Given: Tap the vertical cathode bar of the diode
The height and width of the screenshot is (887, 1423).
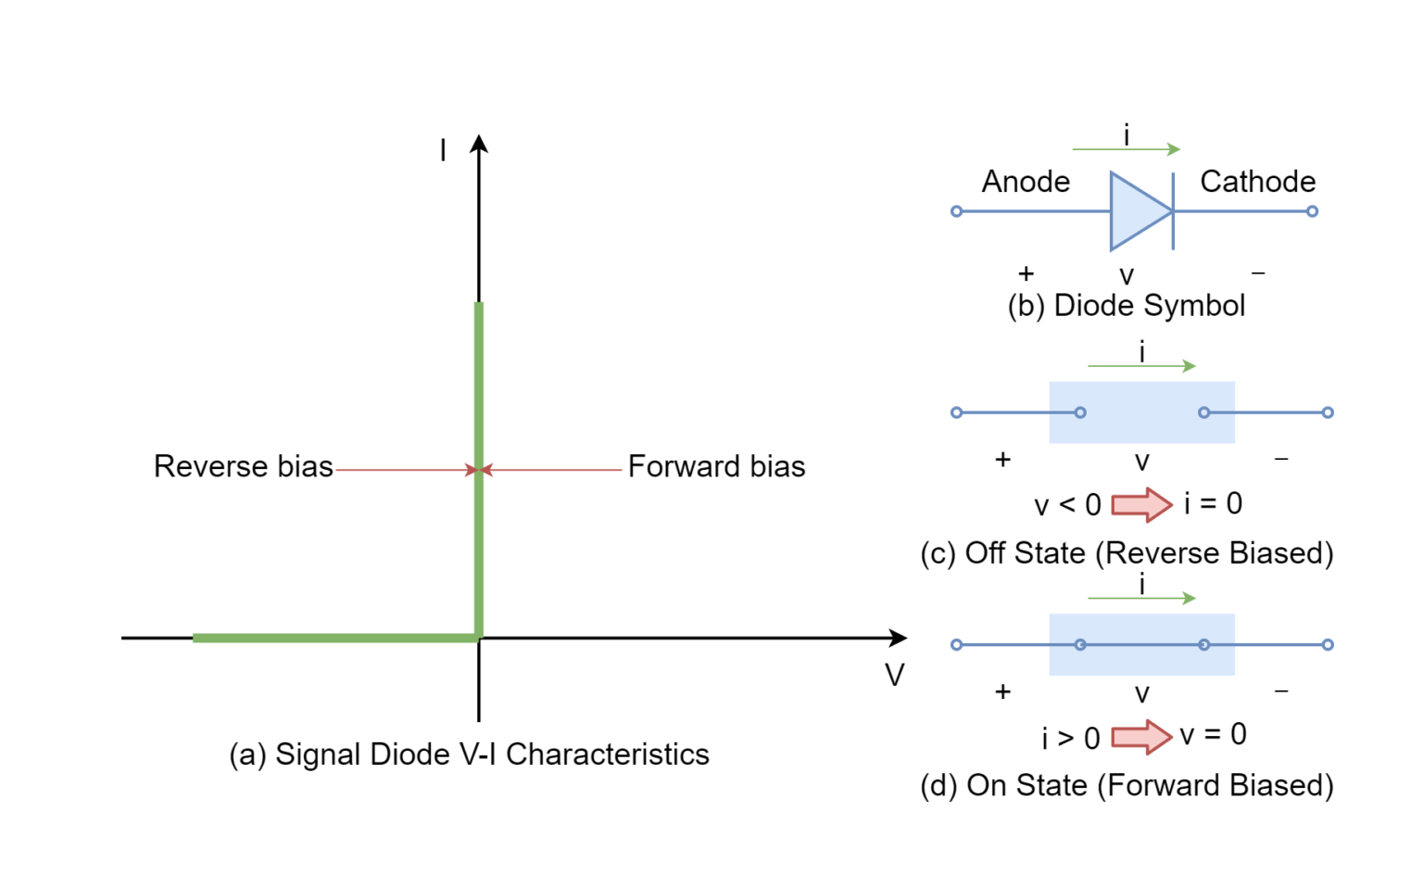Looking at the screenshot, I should pyautogui.click(x=1173, y=211).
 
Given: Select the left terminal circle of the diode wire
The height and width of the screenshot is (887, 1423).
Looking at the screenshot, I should pyautogui.click(x=956, y=211).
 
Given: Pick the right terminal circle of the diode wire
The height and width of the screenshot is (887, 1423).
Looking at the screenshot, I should pyautogui.click(x=1312, y=211).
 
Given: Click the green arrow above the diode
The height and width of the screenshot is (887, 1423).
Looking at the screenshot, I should pyautogui.click(x=1126, y=149).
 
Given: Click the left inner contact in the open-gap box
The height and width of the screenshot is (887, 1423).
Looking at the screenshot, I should pyautogui.click(x=1080, y=412).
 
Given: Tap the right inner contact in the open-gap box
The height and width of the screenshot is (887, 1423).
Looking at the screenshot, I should pyautogui.click(x=1203, y=412).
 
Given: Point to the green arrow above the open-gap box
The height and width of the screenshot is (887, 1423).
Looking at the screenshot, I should pyautogui.click(x=1141, y=366).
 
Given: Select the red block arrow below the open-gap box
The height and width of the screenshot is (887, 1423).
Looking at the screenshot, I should pyautogui.click(x=1142, y=505).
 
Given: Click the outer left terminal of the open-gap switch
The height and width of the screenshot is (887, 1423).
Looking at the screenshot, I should pyautogui.click(x=956, y=412).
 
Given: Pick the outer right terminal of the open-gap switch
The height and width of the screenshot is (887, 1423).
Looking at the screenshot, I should pyautogui.click(x=1328, y=412).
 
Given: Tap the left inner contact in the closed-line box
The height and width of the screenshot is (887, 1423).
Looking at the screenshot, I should pyautogui.click(x=1080, y=644).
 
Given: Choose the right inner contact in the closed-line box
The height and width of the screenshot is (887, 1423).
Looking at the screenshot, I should pyautogui.click(x=1203, y=644).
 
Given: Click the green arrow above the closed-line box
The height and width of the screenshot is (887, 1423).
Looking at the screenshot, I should pyautogui.click(x=1141, y=599).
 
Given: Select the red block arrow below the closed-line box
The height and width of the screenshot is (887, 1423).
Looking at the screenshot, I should pyautogui.click(x=1142, y=738).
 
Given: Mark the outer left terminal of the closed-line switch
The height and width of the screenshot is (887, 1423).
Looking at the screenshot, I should pyautogui.click(x=956, y=644).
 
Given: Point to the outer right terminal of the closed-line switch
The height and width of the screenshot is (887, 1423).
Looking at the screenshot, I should pyautogui.click(x=1328, y=644).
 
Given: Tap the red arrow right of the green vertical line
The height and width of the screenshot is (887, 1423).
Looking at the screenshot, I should pyautogui.click(x=552, y=470).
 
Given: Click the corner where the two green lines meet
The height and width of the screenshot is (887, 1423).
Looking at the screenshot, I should pyautogui.click(x=478, y=638).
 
